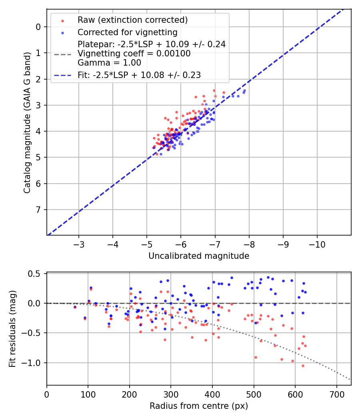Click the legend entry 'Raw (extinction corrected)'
[132, 20]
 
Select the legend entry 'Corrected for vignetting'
[127, 32]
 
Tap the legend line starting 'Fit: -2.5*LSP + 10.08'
[139, 75]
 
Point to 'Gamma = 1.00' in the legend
[109, 62]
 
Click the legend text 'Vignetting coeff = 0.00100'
[134, 54]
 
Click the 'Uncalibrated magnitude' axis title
[199, 256]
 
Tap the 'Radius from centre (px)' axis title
[199, 406]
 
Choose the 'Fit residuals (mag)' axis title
[12, 329]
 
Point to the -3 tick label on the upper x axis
[79, 244]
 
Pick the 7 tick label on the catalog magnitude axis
[38, 210]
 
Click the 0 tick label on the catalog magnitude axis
[38, 27]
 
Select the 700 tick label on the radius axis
[336, 394]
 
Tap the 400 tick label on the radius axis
[212, 394]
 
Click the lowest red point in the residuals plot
[303, 366]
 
